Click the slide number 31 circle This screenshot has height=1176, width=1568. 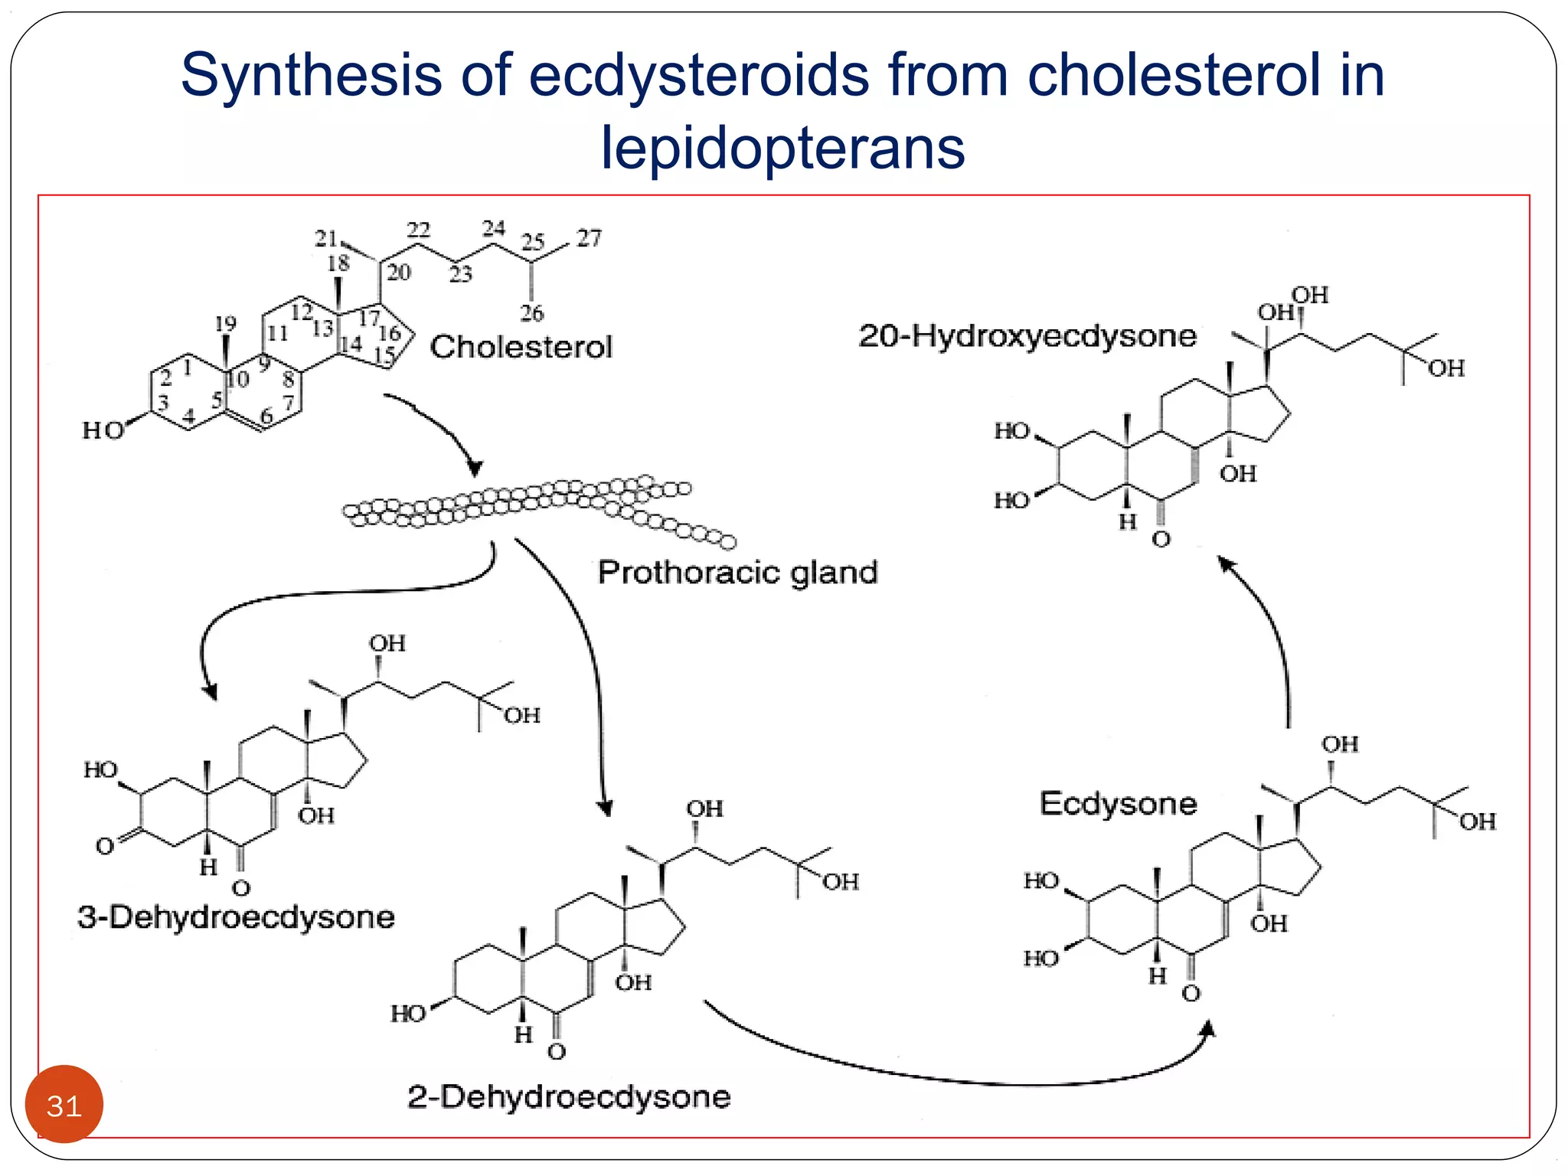(64, 1105)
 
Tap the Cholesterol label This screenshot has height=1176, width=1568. (521, 347)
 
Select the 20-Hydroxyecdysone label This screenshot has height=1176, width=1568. (1027, 336)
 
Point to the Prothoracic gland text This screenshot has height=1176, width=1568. (737, 573)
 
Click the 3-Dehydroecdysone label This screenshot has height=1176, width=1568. (236, 916)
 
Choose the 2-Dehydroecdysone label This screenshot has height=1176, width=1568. (569, 1096)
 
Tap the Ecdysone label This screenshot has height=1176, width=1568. (1118, 803)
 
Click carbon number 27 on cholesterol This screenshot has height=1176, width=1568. (589, 238)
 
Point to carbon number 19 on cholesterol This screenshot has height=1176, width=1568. (225, 324)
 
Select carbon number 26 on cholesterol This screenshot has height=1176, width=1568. (531, 312)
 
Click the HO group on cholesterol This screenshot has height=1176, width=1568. (103, 431)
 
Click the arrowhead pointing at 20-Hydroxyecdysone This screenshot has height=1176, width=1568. (1226, 564)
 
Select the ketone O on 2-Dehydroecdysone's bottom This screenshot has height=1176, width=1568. (557, 1052)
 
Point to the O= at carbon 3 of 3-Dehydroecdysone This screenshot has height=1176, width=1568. (105, 846)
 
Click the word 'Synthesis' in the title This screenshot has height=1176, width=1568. (311, 75)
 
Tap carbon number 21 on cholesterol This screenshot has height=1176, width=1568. (326, 238)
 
